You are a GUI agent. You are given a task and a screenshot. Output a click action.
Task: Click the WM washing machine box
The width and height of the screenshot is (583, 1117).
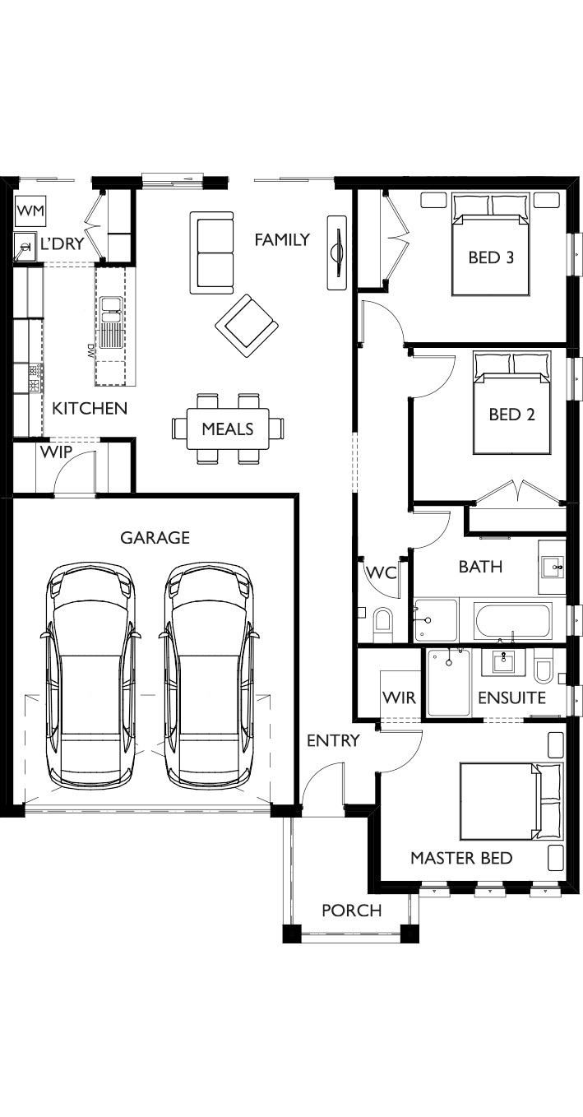tap(31, 211)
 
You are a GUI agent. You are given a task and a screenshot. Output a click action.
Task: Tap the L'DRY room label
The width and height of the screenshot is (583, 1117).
tap(62, 244)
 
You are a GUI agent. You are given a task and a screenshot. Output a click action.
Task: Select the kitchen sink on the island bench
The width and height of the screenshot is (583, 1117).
tap(110, 322)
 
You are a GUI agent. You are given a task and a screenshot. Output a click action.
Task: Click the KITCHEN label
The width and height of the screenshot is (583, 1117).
tap(90, 409)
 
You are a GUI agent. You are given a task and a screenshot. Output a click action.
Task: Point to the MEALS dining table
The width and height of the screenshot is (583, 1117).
tap(228, 429)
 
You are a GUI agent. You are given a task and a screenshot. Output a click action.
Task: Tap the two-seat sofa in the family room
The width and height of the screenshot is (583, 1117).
tap(211, 253)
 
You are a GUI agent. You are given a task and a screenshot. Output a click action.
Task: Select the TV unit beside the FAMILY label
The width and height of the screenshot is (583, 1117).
tap(336, 253)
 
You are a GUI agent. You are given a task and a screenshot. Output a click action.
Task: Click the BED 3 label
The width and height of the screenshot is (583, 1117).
tap(491, 257)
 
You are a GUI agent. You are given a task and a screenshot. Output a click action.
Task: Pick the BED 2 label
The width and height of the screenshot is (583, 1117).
tap(511, 415)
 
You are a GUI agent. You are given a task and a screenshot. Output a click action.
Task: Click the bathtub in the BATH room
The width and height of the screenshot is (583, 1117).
tap(514, 621)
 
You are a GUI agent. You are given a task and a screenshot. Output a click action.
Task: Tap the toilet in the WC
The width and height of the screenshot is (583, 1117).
tap(383, 625)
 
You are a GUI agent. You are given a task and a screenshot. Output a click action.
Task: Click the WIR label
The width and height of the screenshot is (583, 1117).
tap(399, 698)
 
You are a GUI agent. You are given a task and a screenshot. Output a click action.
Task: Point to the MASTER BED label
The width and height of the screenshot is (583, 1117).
tap(461, 858)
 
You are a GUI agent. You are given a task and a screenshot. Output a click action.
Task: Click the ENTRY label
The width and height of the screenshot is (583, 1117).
tap(333, 740)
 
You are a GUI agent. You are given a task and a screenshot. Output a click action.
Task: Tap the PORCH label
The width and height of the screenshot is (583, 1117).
tap(352, 911)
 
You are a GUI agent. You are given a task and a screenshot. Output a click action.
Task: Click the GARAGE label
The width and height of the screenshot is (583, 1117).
tap(155, 538)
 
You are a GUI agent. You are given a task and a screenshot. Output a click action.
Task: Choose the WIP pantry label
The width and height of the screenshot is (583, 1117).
tap(57, 452)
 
